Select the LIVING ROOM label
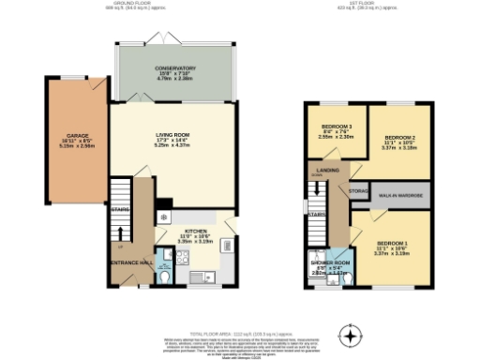172,135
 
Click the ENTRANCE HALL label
130,262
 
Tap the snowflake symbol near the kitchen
165,217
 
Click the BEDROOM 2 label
399,138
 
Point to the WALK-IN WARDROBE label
400,194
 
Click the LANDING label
327,170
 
